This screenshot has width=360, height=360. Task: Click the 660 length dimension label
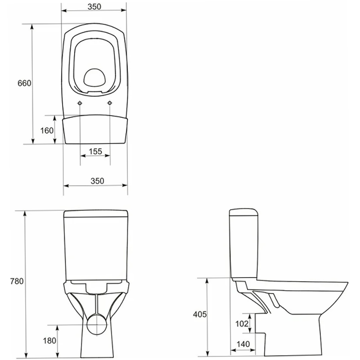tap(24, 83)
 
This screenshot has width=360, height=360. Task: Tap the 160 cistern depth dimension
tap(47, 130)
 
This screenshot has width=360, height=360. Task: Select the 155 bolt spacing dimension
tap(95, 151)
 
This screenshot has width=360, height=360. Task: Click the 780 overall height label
tap(17, 281)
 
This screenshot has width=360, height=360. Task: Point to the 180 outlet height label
tap(49, 341)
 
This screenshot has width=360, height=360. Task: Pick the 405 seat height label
tap(200, 314)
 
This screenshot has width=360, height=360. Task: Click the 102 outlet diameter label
tap(242, 324)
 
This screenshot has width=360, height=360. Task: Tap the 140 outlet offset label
tap(243, 344)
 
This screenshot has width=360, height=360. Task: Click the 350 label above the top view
tap(94, 7)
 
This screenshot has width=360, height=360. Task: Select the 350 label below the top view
tap(97, 181)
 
